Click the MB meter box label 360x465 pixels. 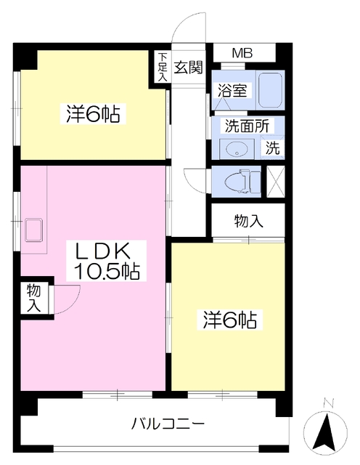coord(242,53)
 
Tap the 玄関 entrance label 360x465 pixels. coord(188,68)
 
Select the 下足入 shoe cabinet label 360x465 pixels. coord(162,67)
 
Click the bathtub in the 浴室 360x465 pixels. coord(269,90)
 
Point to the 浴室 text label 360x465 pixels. coord(232,90)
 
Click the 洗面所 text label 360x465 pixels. coord(247,126)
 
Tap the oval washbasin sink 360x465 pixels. coord(237,149)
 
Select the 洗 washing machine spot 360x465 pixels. coord(272,147)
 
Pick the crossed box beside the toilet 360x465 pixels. coord(276,182)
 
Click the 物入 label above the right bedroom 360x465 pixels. coord(248,221)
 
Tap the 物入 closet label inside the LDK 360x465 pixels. coord(34,298)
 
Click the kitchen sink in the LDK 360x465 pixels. coord(34,230)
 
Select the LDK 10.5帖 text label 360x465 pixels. coord(107,261)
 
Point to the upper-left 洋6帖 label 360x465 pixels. coord(93,113)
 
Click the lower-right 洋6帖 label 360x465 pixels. coord(229,320)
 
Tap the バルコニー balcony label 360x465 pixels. coord(168,424)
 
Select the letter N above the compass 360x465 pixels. coord(328,403)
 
